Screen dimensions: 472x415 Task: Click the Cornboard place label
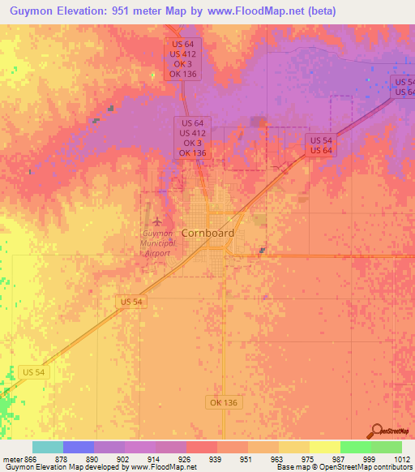pos(207,233)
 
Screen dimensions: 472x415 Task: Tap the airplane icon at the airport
pos(156,221)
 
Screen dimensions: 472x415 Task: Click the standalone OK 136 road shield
pos(225,402)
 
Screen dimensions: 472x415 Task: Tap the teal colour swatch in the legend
pos(48,447)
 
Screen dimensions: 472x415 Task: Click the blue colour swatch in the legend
pos(79,447)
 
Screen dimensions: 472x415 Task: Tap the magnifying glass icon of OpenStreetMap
pos(379,431)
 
